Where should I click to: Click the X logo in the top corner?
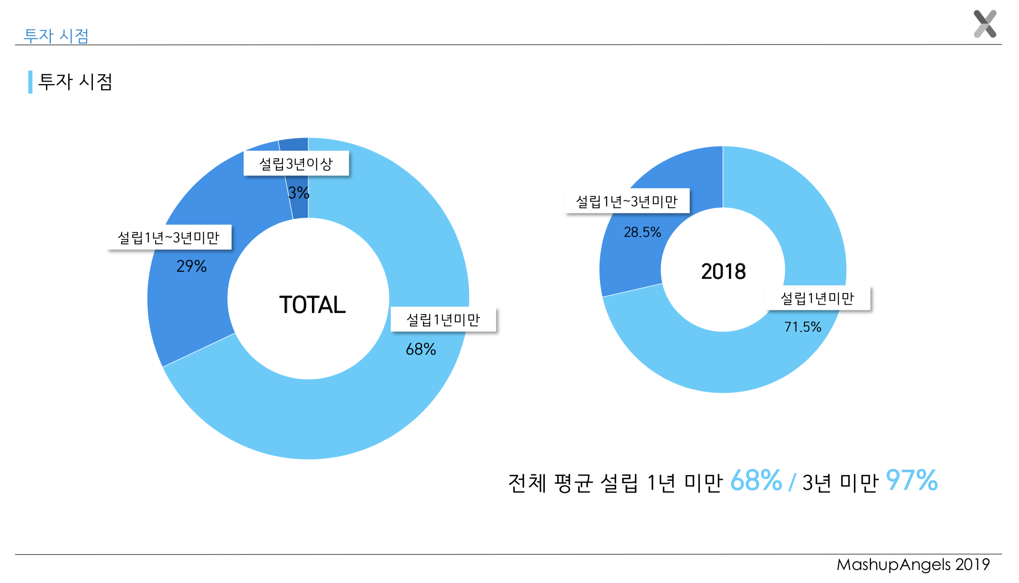(984, 24)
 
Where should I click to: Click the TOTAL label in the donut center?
(312, 305)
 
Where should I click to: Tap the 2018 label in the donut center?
(723, 272)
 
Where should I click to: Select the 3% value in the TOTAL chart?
(299, 193)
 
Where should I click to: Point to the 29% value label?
(192, 266)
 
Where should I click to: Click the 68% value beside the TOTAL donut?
(421, 349)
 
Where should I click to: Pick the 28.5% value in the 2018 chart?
(642, 232)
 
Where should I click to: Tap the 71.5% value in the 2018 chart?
(803, 327)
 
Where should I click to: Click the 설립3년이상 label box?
(296, 163)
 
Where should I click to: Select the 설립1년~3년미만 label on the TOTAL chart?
(169, 238)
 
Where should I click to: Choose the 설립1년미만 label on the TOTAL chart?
(443, 320)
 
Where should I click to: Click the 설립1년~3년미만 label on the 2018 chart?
(627, 201)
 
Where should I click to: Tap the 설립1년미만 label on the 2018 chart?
(817, 298)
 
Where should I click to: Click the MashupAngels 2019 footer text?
(913, 565)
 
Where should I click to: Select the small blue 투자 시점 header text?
(56, 36)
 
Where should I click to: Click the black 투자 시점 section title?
(75, 82)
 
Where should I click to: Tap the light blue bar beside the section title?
(31, 82)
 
